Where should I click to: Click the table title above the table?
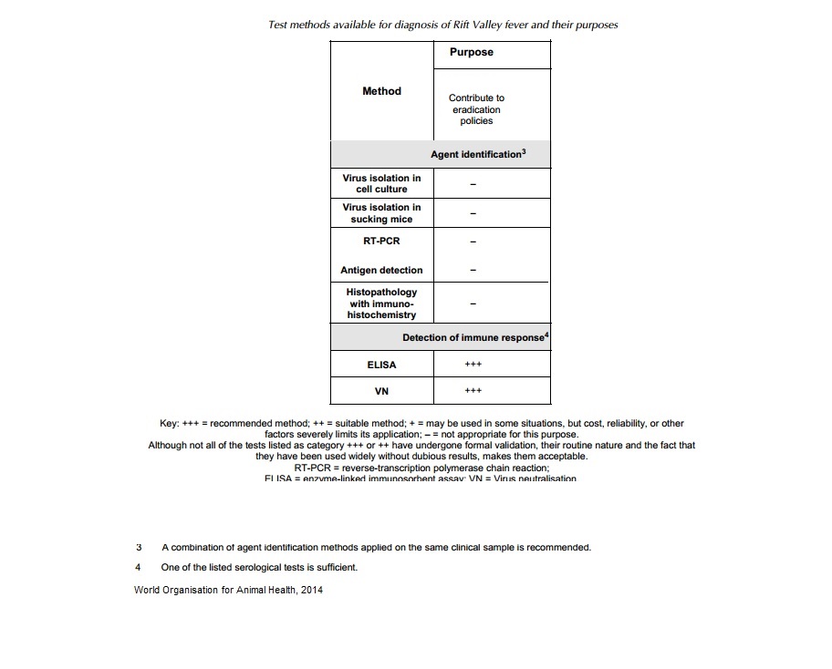click(442, 25)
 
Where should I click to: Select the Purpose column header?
click(471, 53)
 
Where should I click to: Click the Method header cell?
click(381, 91)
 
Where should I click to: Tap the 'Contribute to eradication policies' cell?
click(476, 109)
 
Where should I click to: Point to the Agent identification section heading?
click(477, 155)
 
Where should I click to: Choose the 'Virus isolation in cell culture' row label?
click(381, 183)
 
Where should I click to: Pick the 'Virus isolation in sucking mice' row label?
click(381, 213)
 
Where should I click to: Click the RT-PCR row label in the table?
click(381, 242)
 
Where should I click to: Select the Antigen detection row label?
click(381, 271)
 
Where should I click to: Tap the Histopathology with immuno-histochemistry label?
click(381, 304)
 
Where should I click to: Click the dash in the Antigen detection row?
click(473, 271)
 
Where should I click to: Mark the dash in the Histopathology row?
click(473, 304)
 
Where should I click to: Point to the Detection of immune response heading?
click(475, 338)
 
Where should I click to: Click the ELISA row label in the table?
click(381, 365)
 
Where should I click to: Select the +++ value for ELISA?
click(473, 365)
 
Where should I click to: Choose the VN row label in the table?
click(381, 391)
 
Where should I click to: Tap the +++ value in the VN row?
click(473, 391)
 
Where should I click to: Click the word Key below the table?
click(170, 424)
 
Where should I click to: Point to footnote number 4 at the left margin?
click(138, 567)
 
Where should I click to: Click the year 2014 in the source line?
click(310, 590)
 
